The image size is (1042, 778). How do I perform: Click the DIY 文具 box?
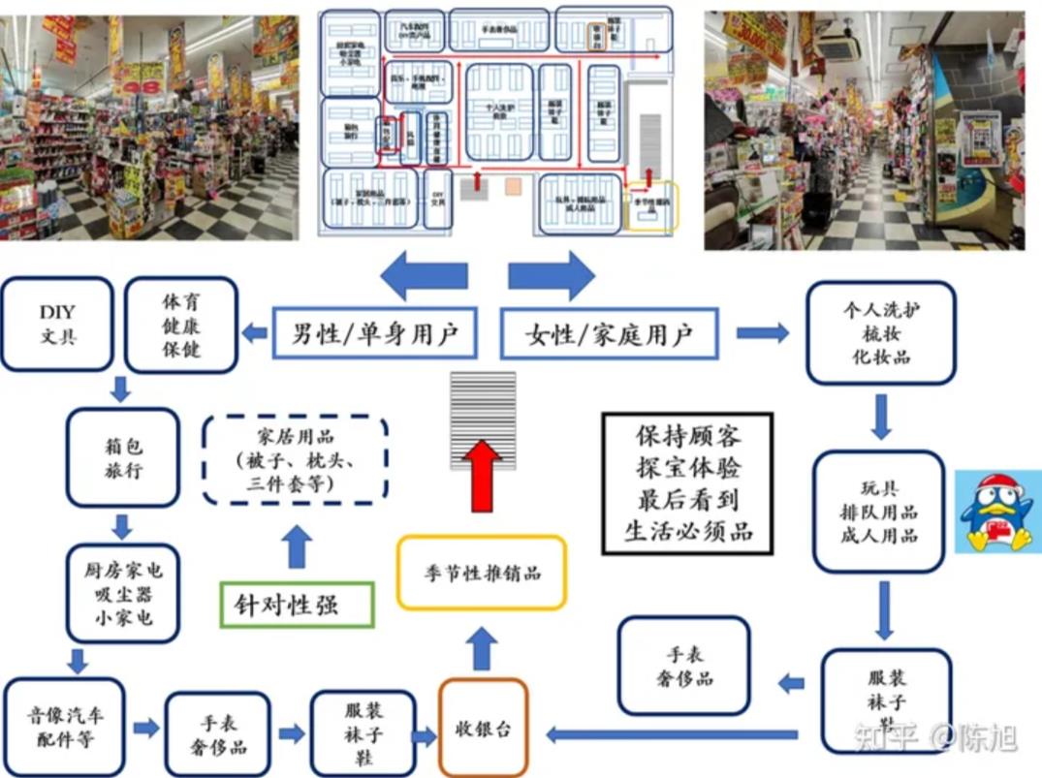(56, 324)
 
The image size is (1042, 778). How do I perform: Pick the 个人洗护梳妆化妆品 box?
(880, 332)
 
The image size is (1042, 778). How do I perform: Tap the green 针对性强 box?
(298, 604)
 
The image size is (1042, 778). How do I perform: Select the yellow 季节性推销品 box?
(482, 572)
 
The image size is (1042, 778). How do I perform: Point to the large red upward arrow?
(483, 475)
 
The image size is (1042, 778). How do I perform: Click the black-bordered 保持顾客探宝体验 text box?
(687, 483)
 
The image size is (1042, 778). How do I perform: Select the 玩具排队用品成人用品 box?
(878, 511)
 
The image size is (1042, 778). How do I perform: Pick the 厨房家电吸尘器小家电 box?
(123, 593)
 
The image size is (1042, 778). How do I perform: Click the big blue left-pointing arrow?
(424, 276)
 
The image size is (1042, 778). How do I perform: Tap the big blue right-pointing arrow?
(551, 276)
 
